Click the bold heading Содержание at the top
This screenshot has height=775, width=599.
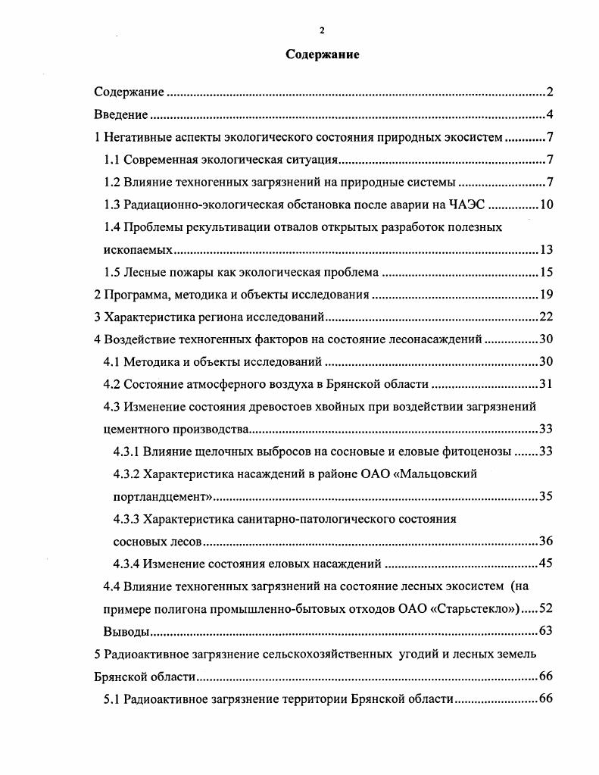[322, 55]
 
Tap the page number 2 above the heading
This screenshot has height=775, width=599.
[322, 30]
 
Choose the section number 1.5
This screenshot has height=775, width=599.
[112, 272]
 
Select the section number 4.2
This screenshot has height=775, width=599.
[112, 384]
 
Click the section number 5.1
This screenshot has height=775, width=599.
[112, 698]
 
